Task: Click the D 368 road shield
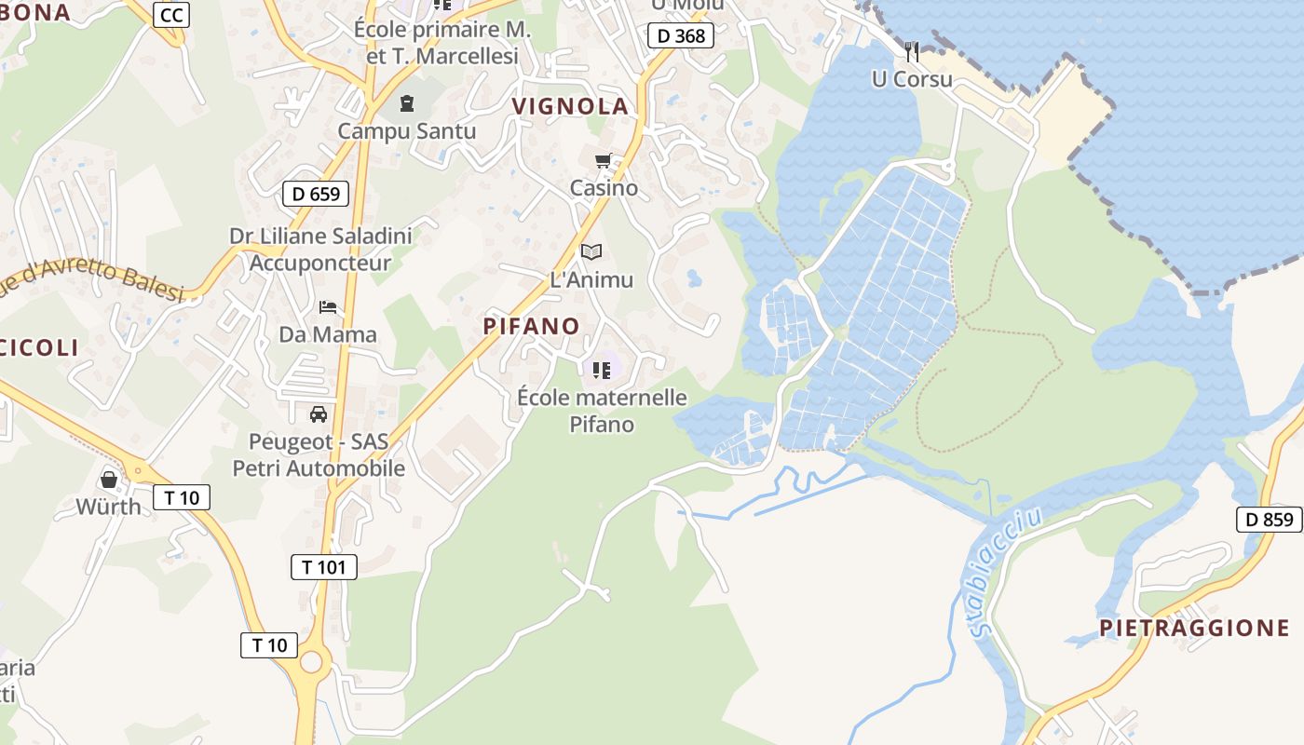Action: tap(681, 36)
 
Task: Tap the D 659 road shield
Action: tap(316, 194)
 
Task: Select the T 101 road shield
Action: tap(323, 566)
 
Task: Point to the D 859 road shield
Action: tap(1269, 520)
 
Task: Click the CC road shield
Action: tap(171, 15)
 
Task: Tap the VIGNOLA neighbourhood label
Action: tap(571, 106)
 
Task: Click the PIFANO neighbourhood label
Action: tap(531, 326)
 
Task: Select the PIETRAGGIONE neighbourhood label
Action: tap(1195, 628)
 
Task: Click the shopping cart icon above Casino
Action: tap(604, 161)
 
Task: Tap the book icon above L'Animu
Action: tap(591, 251)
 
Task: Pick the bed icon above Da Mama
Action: tap(328, 306)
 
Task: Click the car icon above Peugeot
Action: tap(319, 413)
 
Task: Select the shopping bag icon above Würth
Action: tap(109, 480)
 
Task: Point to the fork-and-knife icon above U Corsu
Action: tap(912, 51)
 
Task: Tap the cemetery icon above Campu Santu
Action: tap(406, 102)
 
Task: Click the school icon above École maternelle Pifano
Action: tap(602, 371)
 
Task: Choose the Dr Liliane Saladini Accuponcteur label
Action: tap(320, 250)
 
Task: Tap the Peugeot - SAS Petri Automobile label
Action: tap(319, 454)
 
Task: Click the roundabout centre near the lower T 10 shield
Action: tap(311, 662)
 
